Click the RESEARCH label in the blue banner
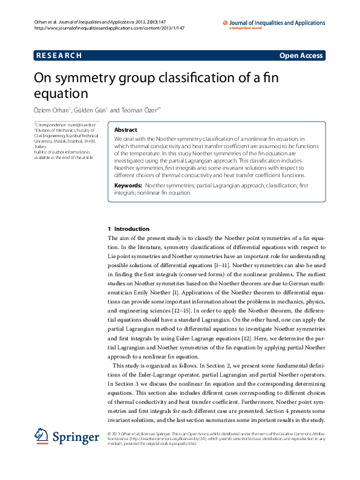click(59, 56)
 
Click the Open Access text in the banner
click(301, 56)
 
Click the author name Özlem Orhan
click(51, 110)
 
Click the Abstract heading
click(125, 130)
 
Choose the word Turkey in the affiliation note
click(40, 146)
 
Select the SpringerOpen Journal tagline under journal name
click(246, 28)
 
